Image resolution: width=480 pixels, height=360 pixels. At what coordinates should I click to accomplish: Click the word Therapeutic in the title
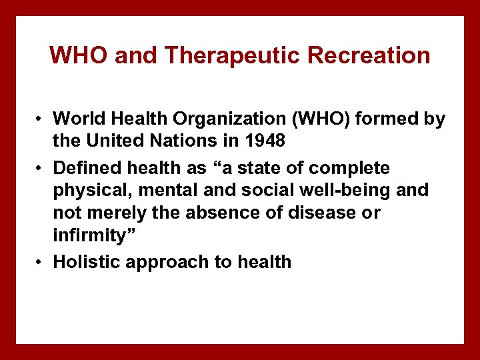click(227, 55)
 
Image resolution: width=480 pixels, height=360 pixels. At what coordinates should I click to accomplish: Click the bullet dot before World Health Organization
click(41, 119)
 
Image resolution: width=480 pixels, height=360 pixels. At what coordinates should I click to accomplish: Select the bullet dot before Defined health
click(41, 167)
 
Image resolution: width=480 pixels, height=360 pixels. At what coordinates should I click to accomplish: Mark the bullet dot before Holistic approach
click(41, 262)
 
